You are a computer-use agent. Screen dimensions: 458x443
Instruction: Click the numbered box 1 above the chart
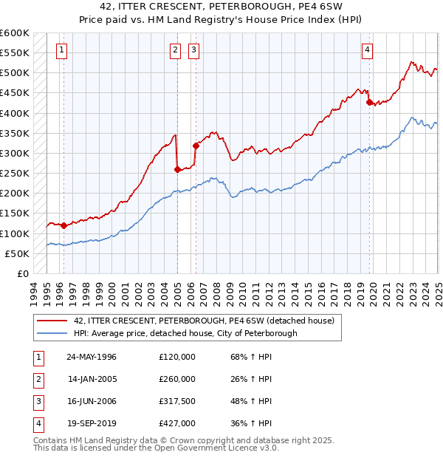click(x=61, y=50)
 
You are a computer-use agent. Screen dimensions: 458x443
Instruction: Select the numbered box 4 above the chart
click(x=367, y=50)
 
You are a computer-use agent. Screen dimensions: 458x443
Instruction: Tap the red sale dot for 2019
click(x=370, y=103)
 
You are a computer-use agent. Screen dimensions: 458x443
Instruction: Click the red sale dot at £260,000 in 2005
click(x=177, y=169)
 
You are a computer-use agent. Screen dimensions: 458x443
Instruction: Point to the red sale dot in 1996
click(x=63, y=225)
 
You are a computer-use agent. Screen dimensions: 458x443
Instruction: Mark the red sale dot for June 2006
click(x=196, y=146)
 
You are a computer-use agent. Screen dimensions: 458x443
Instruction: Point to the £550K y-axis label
click(x=15, y=53)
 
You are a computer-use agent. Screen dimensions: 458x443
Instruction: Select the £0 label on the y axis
click(x=22, y=274)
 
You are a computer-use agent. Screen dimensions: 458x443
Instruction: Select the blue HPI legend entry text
click(x=185, y=333)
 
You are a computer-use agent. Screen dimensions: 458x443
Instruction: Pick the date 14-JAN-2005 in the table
click(x=92, y=379)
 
